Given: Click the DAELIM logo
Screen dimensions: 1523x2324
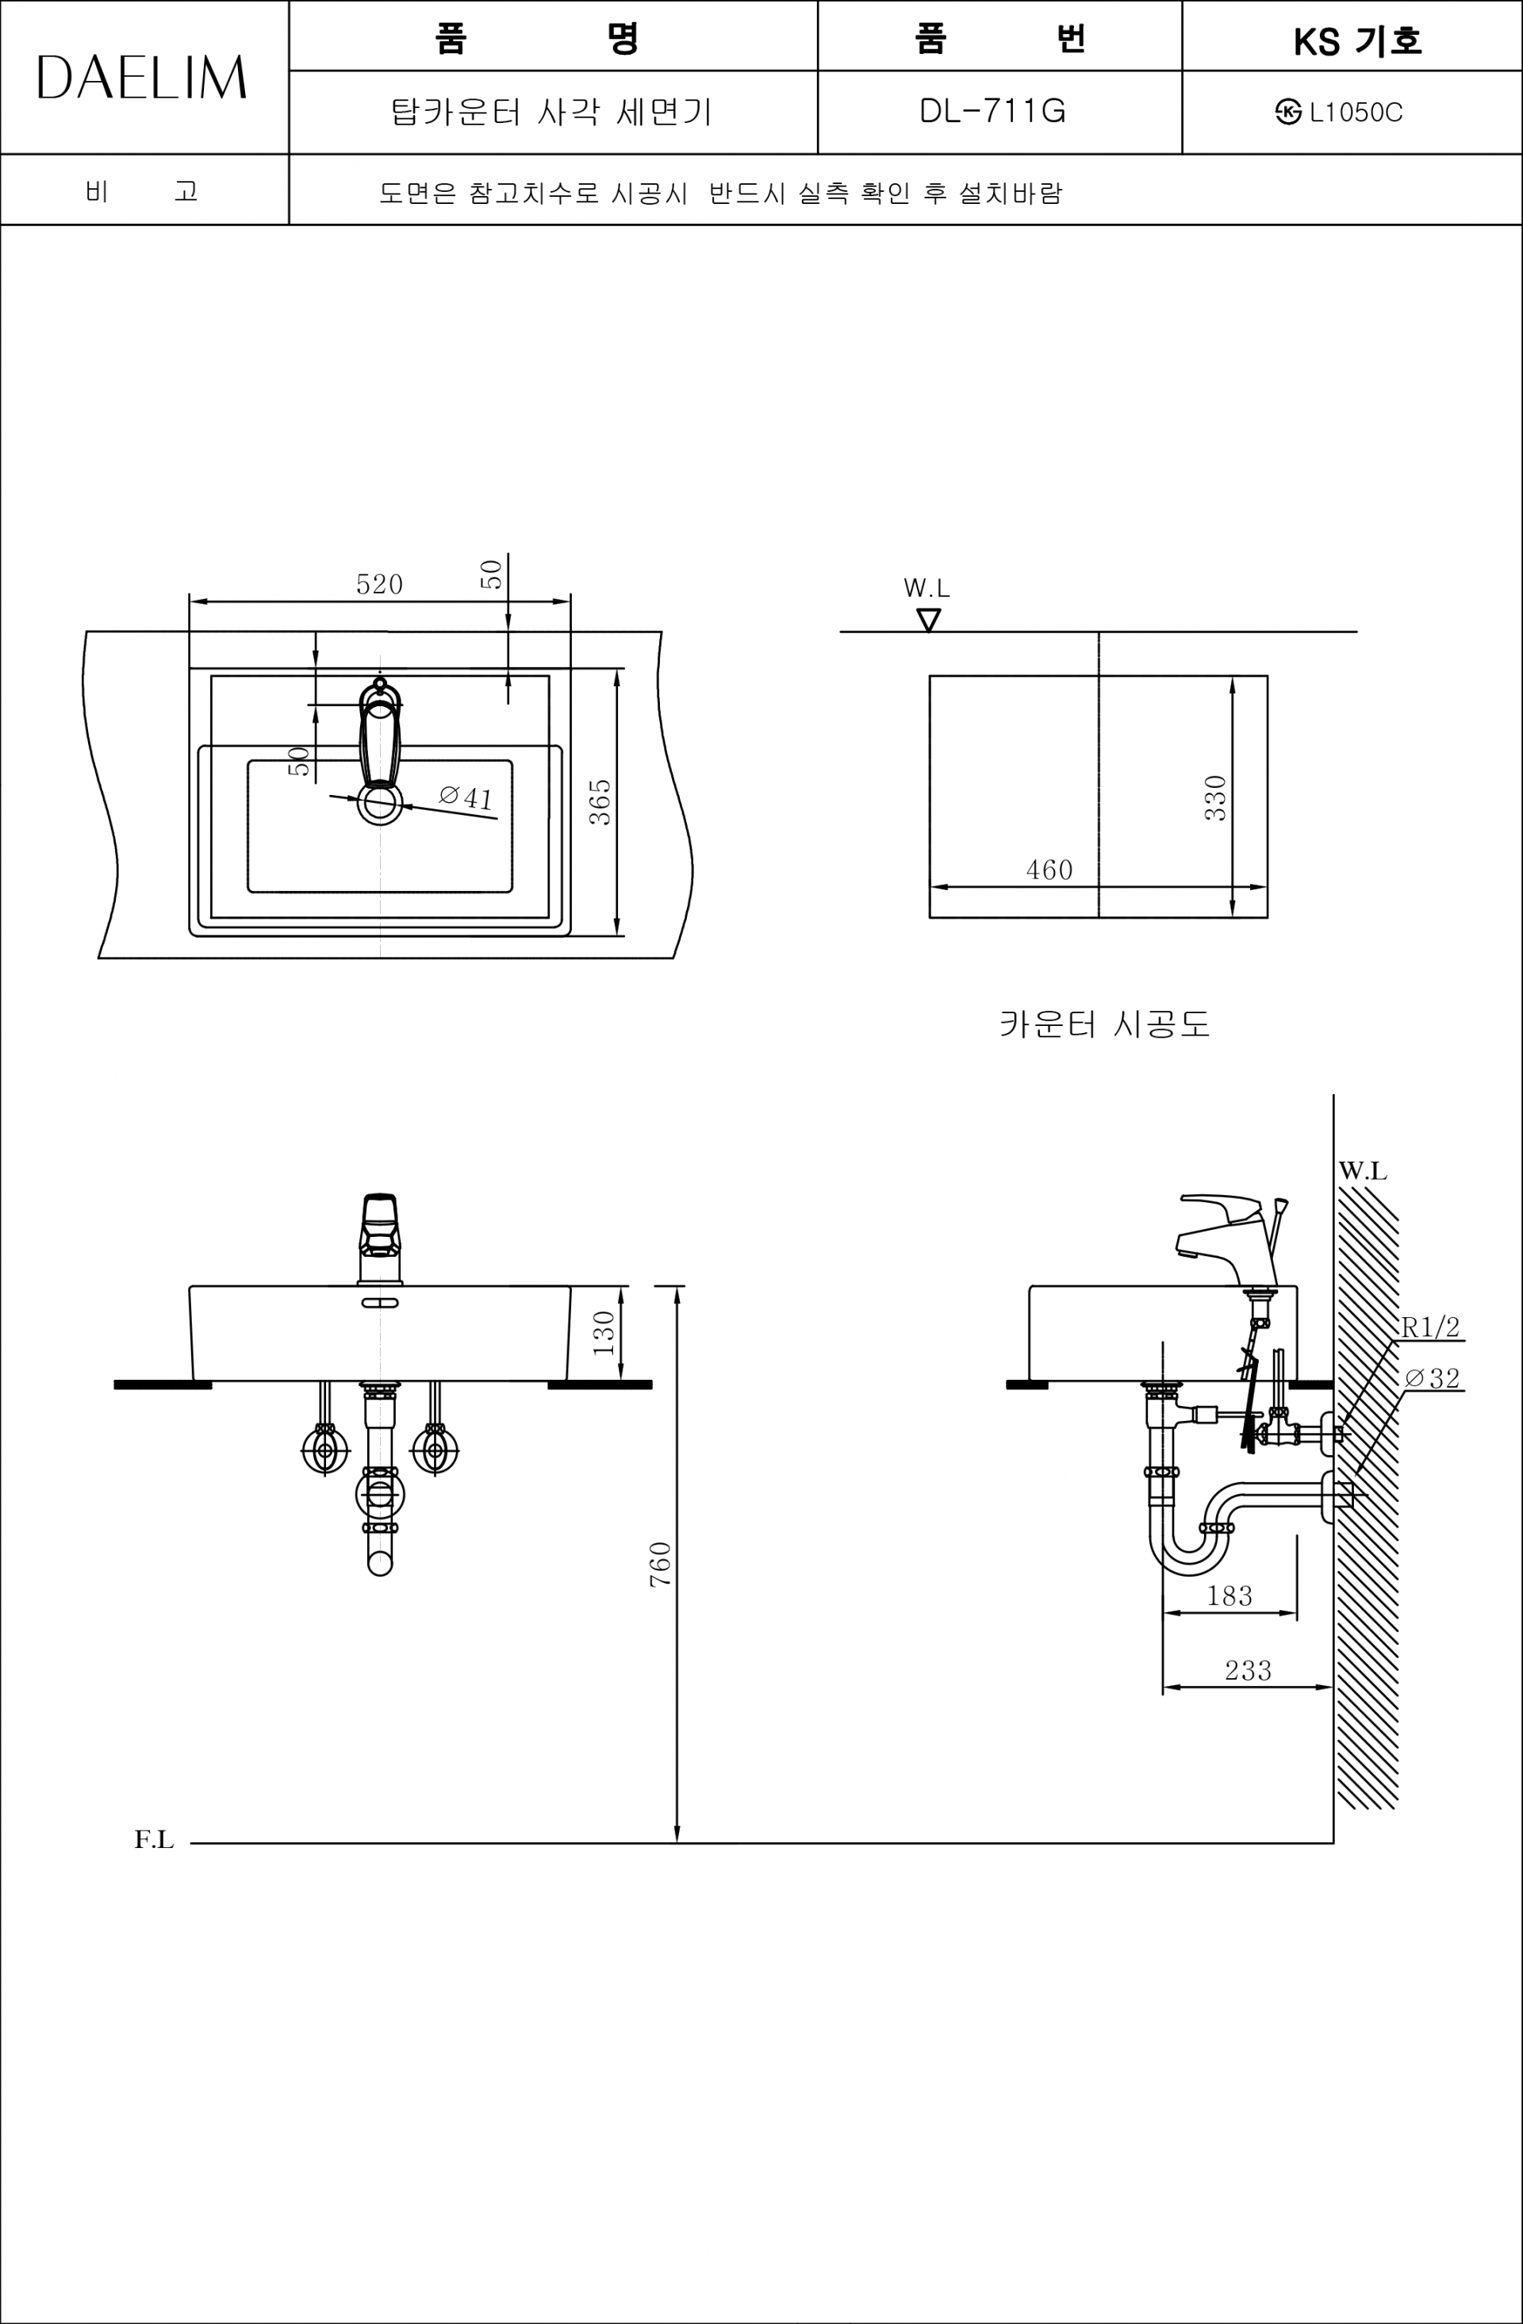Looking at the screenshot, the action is [x=141, y=78].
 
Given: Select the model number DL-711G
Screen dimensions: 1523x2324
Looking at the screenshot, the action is [x=992, y=111].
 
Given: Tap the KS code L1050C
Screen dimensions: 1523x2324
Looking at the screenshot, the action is [x=1355, y=113].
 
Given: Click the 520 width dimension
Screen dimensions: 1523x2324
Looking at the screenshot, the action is [x=379, y=584].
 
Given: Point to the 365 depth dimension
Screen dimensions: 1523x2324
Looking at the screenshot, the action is [x=600, y=801].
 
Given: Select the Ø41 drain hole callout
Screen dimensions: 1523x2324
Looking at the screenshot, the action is [x=466, y=797].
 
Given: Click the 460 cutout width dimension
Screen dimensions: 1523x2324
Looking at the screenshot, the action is [x=1049, y=869].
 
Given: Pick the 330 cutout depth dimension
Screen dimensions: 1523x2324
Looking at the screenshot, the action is [x=1214, y=797].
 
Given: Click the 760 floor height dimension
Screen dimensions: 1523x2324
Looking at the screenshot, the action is [x=661, y=1563].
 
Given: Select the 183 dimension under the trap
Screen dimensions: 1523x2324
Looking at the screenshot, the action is [x=1230, y=1596].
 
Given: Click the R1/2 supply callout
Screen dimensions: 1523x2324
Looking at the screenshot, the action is [x=1430, y=1326].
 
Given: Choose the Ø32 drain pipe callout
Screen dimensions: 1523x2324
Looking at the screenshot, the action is [x=1433, y=1377].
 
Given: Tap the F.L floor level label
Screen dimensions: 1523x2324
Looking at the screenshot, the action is [x=154, y=1840].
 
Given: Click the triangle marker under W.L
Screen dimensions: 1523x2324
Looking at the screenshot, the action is [x=928, y=620].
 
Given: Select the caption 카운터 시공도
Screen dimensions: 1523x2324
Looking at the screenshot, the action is [x=1104, y=1024].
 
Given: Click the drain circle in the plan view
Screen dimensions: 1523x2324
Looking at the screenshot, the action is [x=380, y=804].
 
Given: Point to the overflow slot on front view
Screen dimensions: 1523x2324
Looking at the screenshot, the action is [x=380, y=1303].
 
